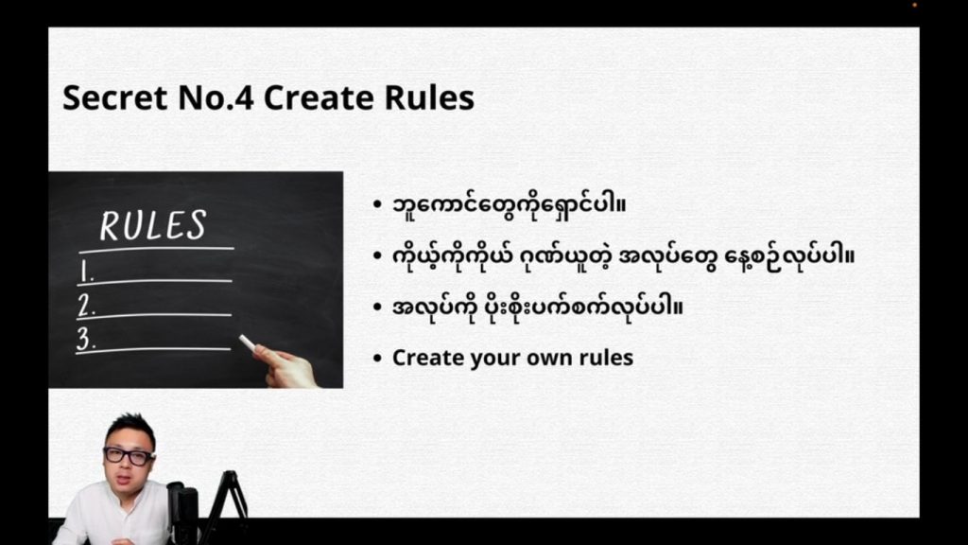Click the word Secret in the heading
point(114,97)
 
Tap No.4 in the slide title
point(216,97)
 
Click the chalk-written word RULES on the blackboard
point(153,225)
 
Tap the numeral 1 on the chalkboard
point(86,272)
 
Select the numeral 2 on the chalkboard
point(86,306)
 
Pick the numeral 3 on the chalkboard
point(85,340)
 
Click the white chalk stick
point(249,343)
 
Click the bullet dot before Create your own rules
point(377,358)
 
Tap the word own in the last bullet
point(547,358)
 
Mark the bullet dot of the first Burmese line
point(377,204)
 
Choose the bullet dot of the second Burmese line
point(377,255)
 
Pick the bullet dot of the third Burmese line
point(377,307)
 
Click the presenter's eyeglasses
point(129,456)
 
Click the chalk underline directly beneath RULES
point(157,250)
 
